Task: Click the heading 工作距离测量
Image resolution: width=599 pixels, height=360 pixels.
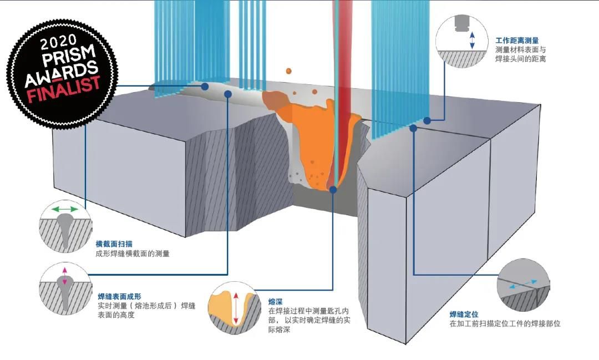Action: pos(517,40)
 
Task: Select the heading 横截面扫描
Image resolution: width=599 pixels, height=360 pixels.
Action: pos(114,244)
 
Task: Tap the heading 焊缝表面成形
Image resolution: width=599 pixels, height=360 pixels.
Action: pos(120,296)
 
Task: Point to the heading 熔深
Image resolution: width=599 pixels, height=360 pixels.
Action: pos(276,302)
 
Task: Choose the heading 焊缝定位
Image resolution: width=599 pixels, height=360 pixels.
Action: pos(464,314)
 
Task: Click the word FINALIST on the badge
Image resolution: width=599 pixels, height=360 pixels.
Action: pos(64,89)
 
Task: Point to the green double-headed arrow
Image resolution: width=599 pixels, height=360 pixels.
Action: pos(65,209)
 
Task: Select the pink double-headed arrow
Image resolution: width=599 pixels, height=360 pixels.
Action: pos(64,276)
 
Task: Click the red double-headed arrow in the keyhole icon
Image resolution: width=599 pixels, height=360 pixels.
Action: pos(236,308)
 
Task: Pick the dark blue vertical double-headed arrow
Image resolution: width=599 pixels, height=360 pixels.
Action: pos(472,40)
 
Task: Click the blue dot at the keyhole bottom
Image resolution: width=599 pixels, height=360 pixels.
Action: pos(333,189)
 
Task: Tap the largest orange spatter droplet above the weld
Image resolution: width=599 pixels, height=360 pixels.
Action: pos(288,71)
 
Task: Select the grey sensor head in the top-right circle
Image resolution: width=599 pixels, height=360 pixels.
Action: pos(462,23)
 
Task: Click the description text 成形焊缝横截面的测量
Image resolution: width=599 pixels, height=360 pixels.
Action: pos(133,253)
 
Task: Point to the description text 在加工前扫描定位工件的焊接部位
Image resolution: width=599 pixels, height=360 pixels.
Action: pos(505,324)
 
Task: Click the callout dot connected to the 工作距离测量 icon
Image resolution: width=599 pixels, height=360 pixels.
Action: pos(427,120)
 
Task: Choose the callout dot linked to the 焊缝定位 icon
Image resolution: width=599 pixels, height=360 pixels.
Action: pos(413,128)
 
